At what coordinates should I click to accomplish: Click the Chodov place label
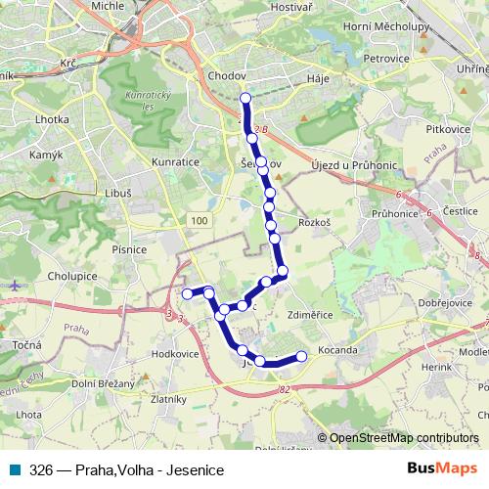[226, 74]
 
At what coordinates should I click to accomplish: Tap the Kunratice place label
[175, 161]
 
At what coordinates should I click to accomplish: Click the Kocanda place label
[336, 350]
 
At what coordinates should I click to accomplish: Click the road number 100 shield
[200, 223]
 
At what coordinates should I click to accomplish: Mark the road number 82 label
[284, 390]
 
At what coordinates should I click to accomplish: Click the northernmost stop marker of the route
[245, 97]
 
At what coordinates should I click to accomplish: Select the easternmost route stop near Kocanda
[301, 356]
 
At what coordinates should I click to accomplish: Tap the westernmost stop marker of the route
[187, 293]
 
